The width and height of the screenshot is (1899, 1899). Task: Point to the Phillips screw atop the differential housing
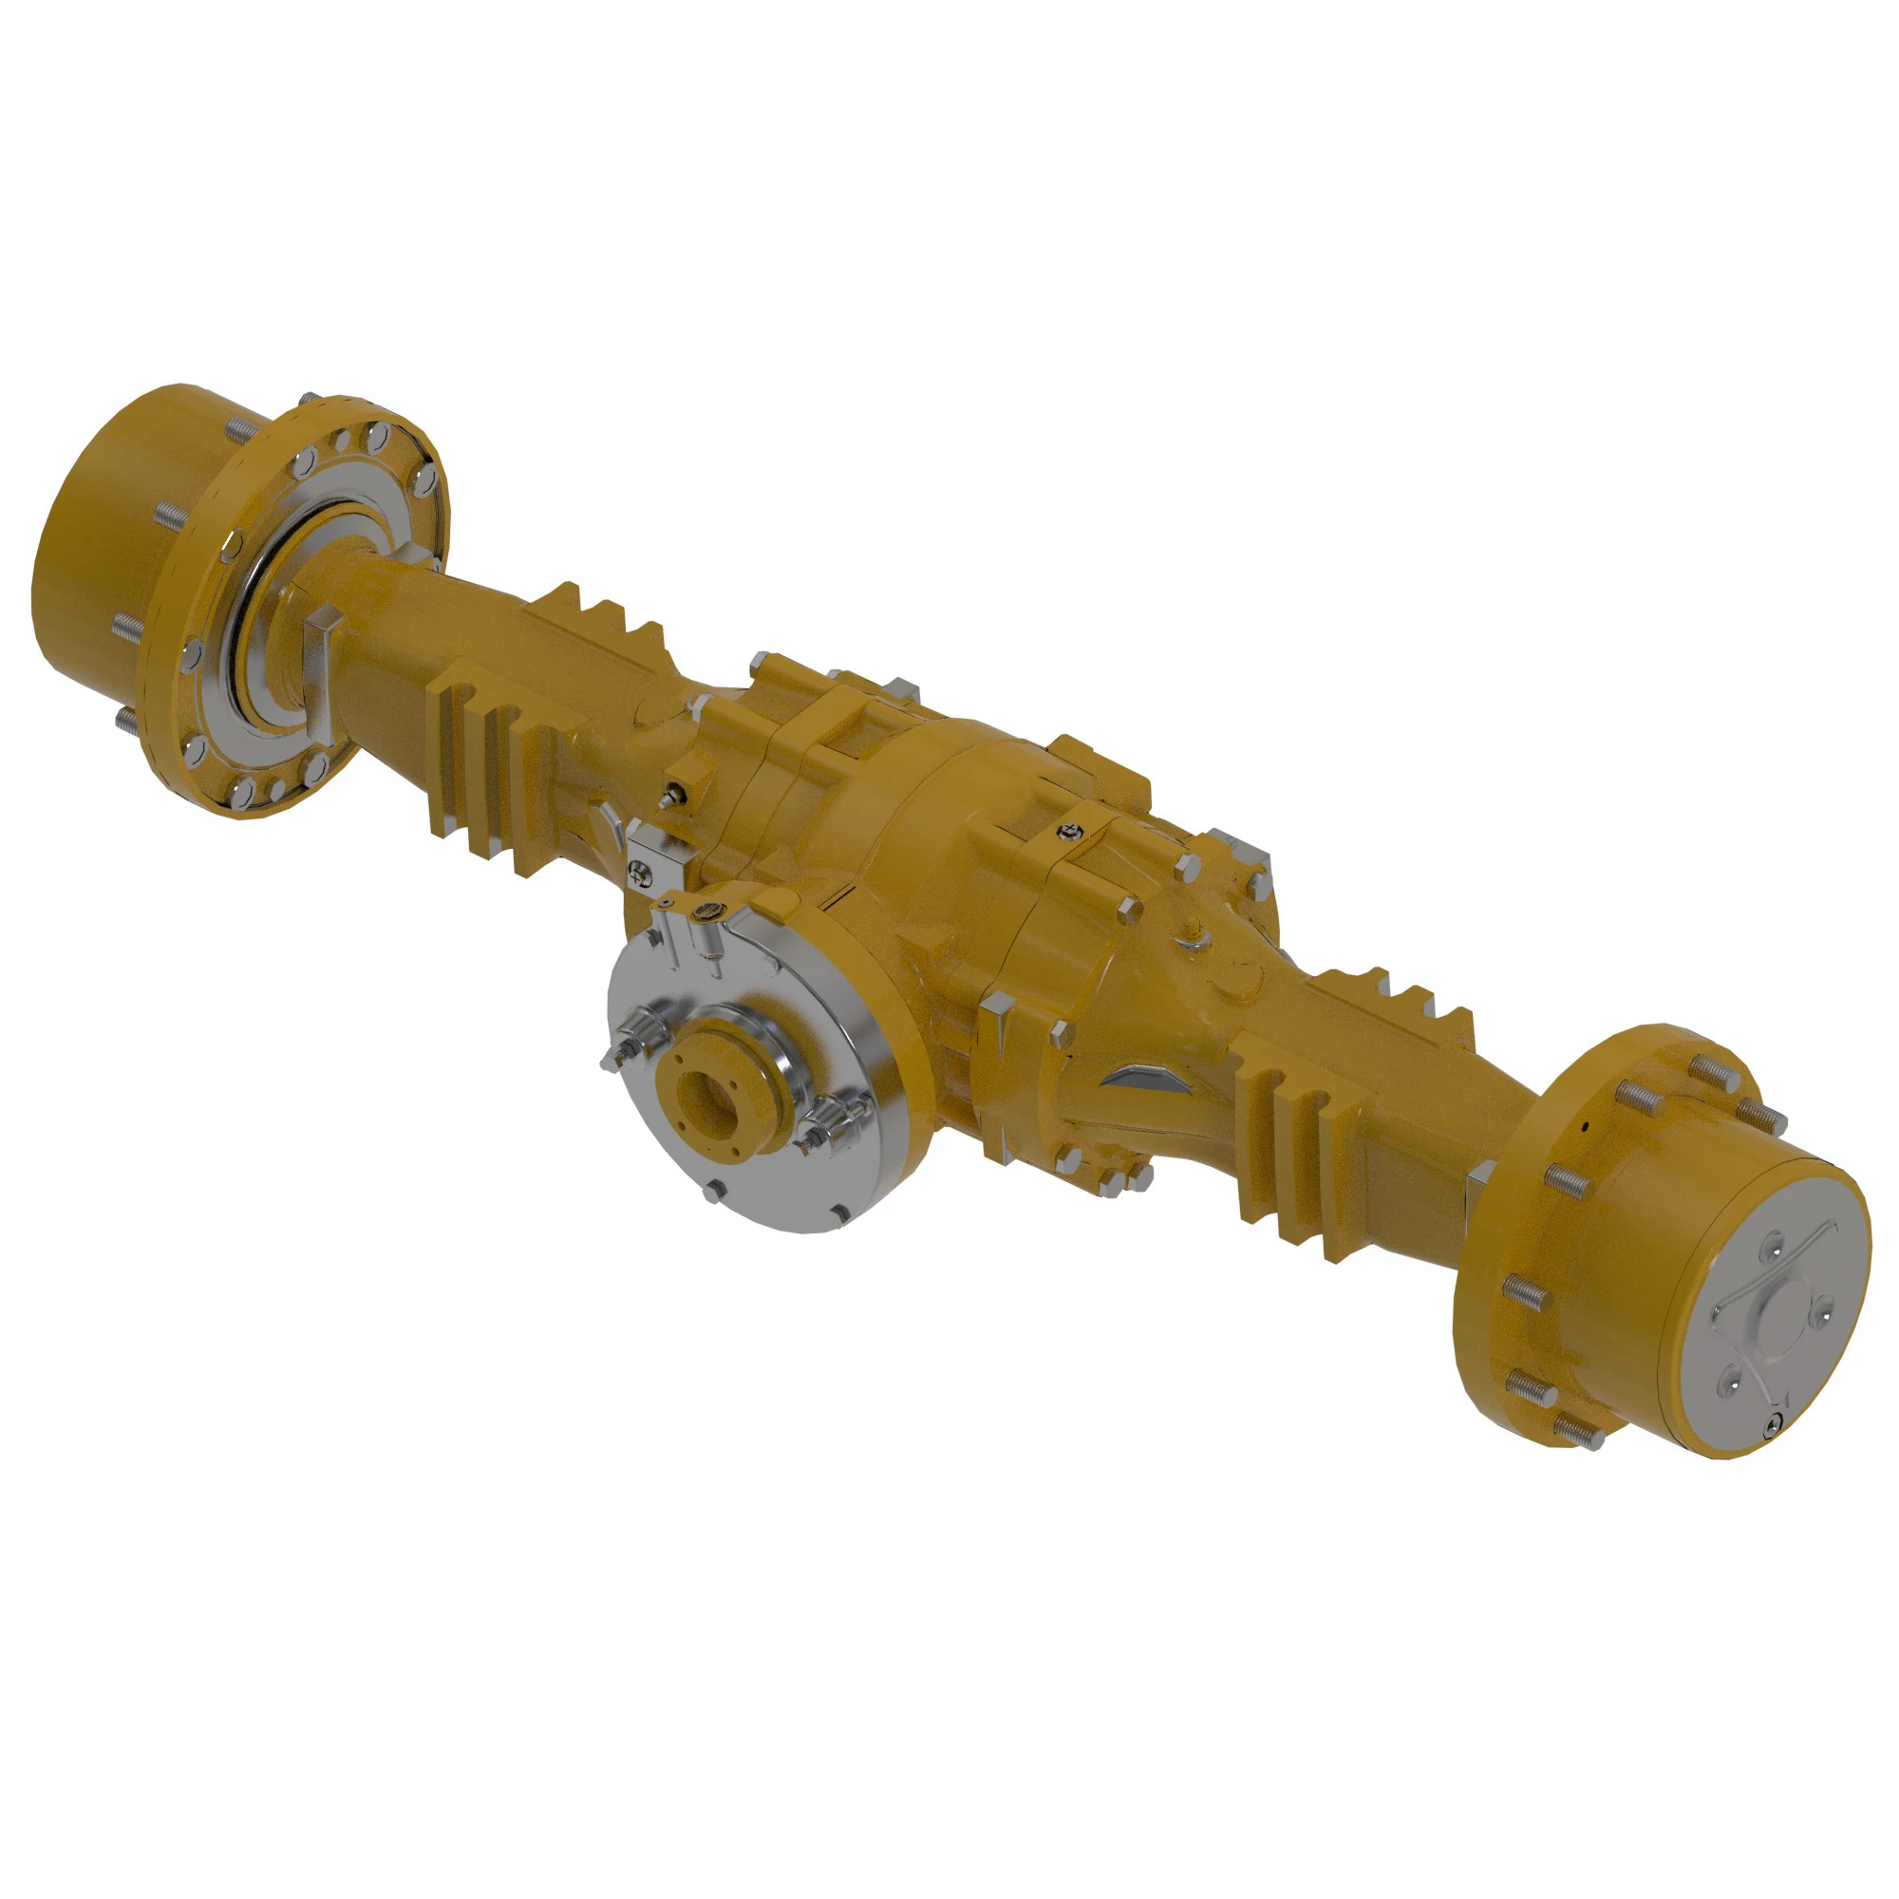click(x=1063, y=832)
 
